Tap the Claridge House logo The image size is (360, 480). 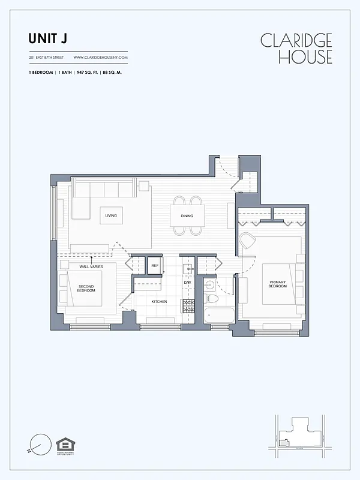coord(296,48)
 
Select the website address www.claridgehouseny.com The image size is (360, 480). coord(101,58)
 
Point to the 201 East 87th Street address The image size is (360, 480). coord(46,58)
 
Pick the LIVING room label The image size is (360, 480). coord(110,215)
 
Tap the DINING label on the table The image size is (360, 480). coord(187,215)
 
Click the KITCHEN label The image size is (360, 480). coord(158,301)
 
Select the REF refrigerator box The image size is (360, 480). coord(154,265)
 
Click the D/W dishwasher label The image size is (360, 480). coord(187,283)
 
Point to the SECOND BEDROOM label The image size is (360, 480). coord(86,288)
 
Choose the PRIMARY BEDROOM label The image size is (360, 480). coord(277,284)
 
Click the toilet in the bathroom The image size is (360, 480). coord(211,298)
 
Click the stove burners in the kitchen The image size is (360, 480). coord(188,307)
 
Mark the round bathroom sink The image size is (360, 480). coord(209,284)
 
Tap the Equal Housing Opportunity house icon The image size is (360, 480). coord(64,445)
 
